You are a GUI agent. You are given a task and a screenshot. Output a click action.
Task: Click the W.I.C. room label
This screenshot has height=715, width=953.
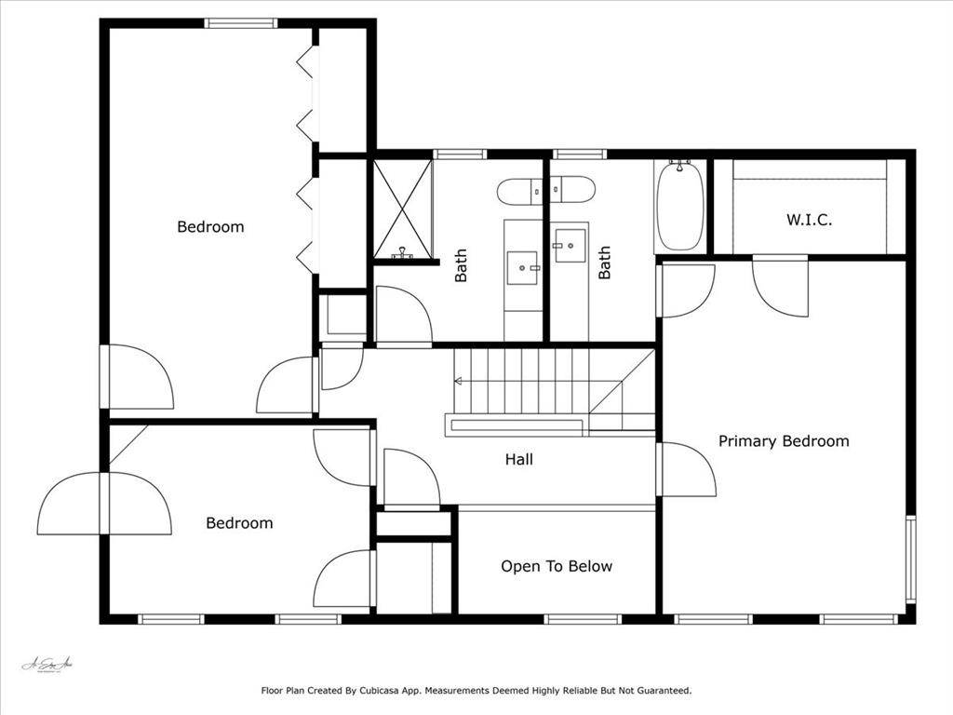pyautogui.click(x=809, y=221)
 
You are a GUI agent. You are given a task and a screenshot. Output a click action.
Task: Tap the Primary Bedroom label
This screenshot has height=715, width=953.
pyautogui.click(x=784, y=441)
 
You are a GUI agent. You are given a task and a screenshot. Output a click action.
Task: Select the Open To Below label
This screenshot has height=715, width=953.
pyautogui.click(x=557, y=566)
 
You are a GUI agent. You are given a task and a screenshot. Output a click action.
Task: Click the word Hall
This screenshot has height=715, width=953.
pyautogui.click(x=519, y=459)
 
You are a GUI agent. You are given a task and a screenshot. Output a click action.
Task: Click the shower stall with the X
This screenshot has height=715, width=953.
pyautogui.click(x=403, y=209)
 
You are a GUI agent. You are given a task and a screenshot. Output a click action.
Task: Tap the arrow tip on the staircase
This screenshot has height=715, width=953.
pyautogui.click(x=457, y=381)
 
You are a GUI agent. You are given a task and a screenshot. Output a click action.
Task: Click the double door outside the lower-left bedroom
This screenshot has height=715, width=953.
pyautogui.click(x=104, y=504)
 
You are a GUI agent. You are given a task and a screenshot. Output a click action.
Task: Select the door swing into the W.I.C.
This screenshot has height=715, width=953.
pyautogui.click(x=780, y=285)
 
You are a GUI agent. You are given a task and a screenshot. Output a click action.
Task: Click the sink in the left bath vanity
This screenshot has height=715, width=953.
pyautogui.click(x=523, y=266)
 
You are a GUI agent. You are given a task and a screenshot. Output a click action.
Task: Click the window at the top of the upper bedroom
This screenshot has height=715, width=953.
pyautogui.click(x=241, y=23)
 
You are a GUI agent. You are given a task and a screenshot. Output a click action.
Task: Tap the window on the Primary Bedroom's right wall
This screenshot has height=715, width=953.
pyautogui.click(x=910, y=559)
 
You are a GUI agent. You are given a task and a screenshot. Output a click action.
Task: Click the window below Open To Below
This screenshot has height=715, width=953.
pyautogui.click(x=583, y=619)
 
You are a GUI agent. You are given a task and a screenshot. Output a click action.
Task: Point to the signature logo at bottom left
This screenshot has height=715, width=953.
pyautogui.click(x=47, y=665)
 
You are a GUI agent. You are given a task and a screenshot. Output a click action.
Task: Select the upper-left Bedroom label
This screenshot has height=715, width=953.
pyautogui.click(x=210, y=227)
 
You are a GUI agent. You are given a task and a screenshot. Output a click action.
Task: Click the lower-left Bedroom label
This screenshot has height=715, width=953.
pyautogui.click(x=239, y=523)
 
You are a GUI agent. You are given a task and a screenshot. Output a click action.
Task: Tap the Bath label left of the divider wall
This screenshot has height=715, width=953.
pyautogui.click(x=461, y=264)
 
